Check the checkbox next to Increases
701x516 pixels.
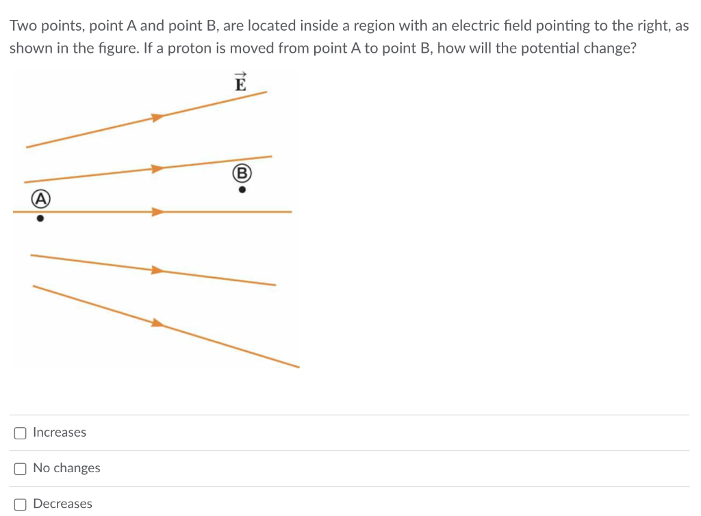tap(21, 433)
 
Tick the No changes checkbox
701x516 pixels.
tap(21, 468)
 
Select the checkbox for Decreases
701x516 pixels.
tap(21, 504)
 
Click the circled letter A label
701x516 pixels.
tap(40, 199)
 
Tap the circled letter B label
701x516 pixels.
tap(242, 172)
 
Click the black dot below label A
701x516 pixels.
tap(40, 220)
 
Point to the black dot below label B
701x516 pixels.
tap(242, 191)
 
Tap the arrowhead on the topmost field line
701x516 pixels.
tap(158, 118)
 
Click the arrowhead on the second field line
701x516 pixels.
tap(157, 168)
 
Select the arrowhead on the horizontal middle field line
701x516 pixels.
tap(158, 212)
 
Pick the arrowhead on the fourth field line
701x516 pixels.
tap(158, 270)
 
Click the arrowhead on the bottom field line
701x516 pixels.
tap(158, 322)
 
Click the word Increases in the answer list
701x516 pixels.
tap(60, 433)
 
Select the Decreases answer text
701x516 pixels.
tap(62, 504)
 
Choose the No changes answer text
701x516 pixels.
tap(66, 468)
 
